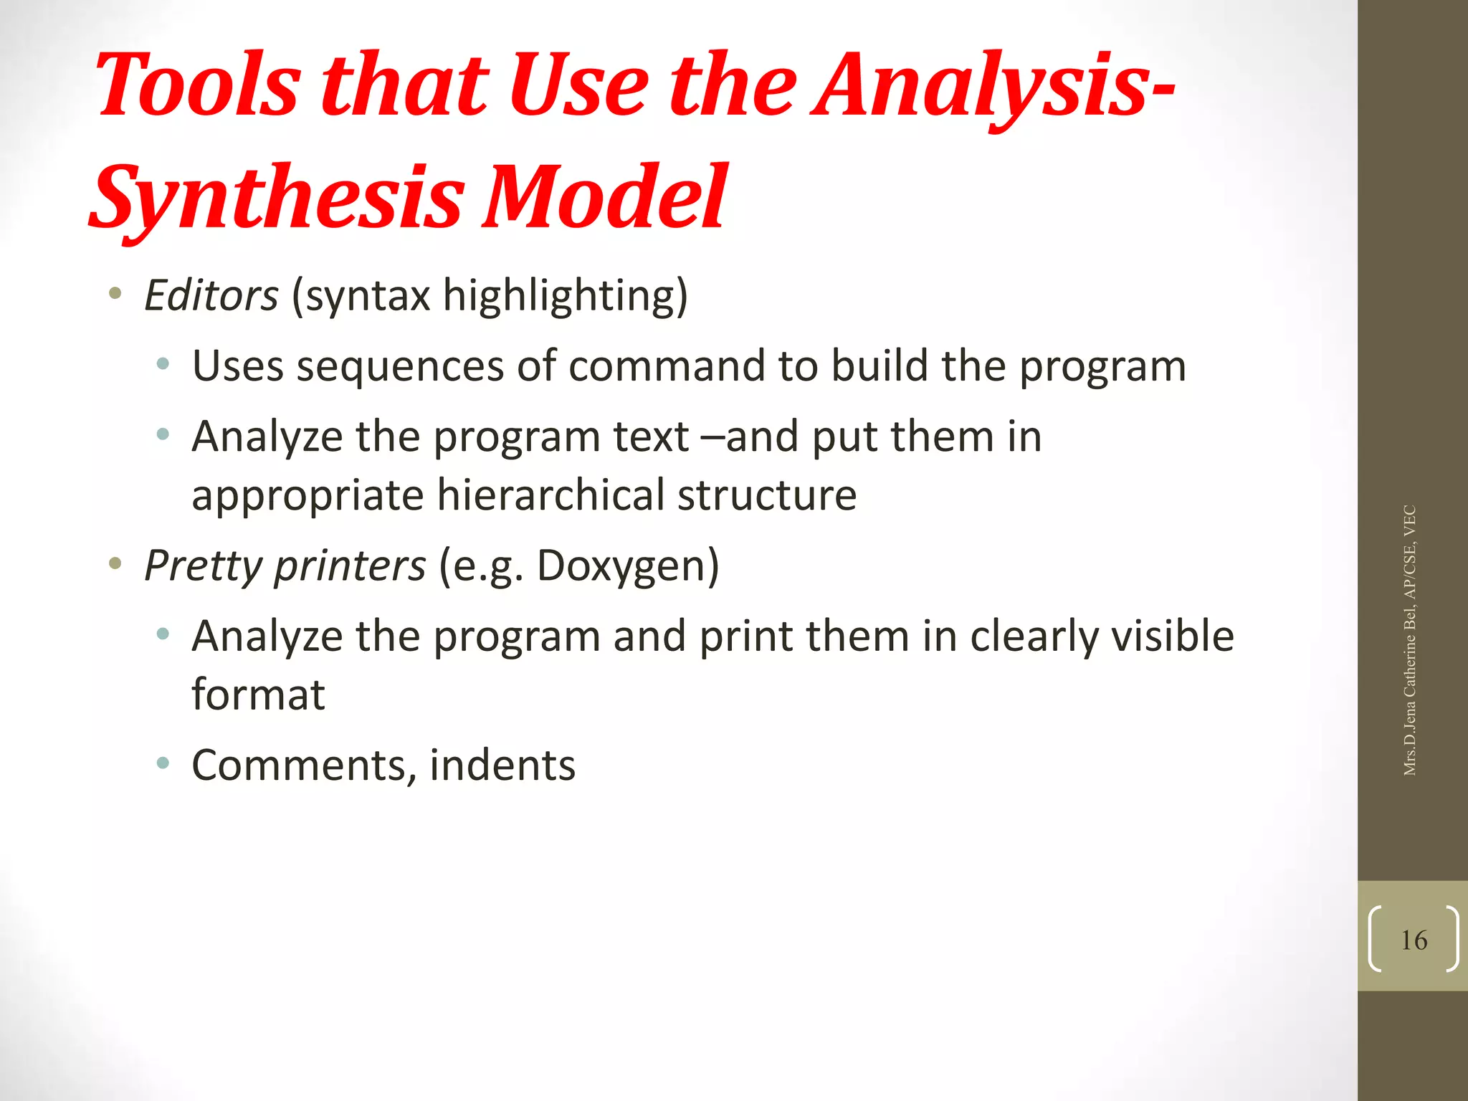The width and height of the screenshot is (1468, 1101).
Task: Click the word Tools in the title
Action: pyautogui.click(x=197, y=86)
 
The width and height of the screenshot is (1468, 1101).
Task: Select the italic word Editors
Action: pyautogui.click(x=211, y=295)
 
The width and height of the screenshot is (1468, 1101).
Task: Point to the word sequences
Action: pyautogui.click(x=401, y=366)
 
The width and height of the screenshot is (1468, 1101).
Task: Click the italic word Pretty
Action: pyautogui.click(x=204, y=566)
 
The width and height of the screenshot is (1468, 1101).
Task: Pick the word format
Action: pyautogui.click(x=258, y=695)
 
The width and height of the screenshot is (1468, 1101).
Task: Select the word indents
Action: pyautogui.click(x=502, y=765)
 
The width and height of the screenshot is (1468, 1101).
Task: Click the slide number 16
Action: pyautogui.click(x=1414, y=940)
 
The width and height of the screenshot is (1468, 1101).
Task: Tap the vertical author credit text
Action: pyautogui.click(x=1409, y=640)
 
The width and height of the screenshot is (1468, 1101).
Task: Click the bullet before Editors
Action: pyautogui.click(x=115, y=293)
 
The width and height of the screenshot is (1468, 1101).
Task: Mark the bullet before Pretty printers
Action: pyautogui.click(x=115, y=564)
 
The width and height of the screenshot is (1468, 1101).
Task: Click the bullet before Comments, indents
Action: pyautogui.click(x=163, y=763)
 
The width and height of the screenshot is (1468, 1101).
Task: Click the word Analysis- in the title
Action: pyautogui.click(x=993, y=86)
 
